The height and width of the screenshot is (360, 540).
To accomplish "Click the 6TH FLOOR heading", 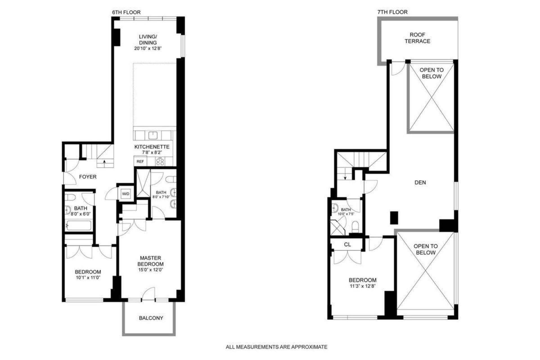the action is [126, 12].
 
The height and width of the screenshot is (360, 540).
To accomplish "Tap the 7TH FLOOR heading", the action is [392, 12].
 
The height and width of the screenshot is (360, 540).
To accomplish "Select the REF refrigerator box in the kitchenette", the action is [140, 161].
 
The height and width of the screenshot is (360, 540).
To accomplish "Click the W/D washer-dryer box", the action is [125, 194].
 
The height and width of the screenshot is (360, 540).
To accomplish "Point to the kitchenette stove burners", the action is [160, 161].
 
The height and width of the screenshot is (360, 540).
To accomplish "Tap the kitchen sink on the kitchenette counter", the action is [153, 136].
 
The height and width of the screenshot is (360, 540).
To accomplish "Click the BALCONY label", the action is [151, 318].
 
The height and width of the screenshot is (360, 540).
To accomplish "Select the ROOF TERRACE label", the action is [417, 38].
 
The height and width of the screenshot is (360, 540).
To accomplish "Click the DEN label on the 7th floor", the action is [420, 183].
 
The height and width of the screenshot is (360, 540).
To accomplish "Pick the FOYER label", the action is [88, 177].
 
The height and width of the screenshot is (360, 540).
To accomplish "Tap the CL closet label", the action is [347, 245].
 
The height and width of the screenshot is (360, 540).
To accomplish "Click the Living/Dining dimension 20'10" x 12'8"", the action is [148, 48].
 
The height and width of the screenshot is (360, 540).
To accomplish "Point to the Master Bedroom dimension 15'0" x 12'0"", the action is [150, 270].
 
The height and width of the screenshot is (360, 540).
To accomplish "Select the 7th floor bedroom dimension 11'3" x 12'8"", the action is [363, 286].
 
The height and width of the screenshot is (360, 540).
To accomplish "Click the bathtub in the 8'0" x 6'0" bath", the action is [78, 225].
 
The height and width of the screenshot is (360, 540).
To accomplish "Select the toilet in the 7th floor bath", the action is [355, 226].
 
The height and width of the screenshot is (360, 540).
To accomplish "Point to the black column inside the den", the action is [394, 218].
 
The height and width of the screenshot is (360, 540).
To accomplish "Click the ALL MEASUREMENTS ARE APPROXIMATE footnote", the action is [276, 347].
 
